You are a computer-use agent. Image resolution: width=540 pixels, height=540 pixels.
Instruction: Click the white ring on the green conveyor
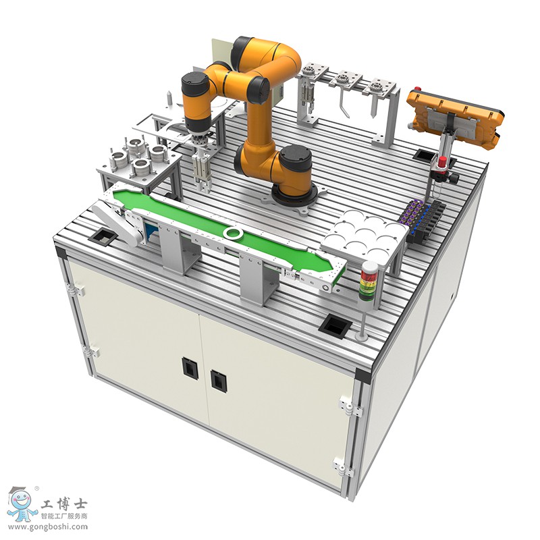[x=233, y=233]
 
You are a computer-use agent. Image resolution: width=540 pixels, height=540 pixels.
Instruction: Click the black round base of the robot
[x=294, y=196]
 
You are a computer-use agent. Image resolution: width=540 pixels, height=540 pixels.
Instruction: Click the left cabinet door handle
[x=189, y=367]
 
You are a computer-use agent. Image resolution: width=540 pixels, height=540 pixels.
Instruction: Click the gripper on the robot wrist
[x=201, y=169]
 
